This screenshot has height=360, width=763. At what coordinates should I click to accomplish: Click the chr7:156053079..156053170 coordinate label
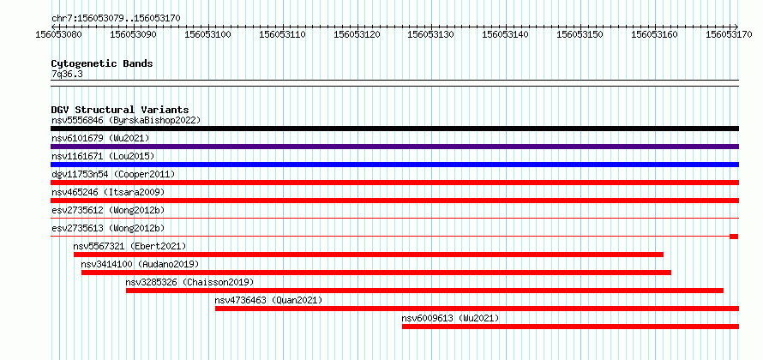(116, 18)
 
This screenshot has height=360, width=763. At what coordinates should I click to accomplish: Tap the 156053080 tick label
(59, 34)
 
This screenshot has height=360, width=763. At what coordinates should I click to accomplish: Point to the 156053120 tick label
(357, 34)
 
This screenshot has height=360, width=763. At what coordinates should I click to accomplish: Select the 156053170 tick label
(729, 34)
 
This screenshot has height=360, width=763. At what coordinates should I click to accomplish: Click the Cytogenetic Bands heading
(102, 63)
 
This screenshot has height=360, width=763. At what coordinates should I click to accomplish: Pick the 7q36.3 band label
(63, 75)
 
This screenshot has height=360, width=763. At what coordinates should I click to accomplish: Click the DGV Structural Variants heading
(120, 110)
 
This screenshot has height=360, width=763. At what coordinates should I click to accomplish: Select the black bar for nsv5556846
(394, 129)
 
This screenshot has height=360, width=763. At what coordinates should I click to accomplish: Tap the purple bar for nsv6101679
(394, 147)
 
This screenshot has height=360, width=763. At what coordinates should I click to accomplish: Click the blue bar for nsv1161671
(394, 165)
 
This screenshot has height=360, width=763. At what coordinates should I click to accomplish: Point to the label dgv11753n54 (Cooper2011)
(113, 174)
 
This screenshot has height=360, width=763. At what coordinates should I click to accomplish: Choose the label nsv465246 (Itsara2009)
(108, 192)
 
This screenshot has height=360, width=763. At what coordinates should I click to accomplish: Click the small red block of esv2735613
(734, 237)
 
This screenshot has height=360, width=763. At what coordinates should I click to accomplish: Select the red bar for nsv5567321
(369, 255)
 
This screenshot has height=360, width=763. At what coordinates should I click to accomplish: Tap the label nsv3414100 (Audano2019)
(140, 264)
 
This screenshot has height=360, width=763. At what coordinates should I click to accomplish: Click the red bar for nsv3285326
(425, 291)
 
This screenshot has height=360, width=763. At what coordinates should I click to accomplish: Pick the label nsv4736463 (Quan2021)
(268, 300)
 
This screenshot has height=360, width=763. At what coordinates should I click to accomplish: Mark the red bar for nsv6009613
(570, 327)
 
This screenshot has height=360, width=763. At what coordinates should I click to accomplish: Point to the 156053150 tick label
(580, 34)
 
